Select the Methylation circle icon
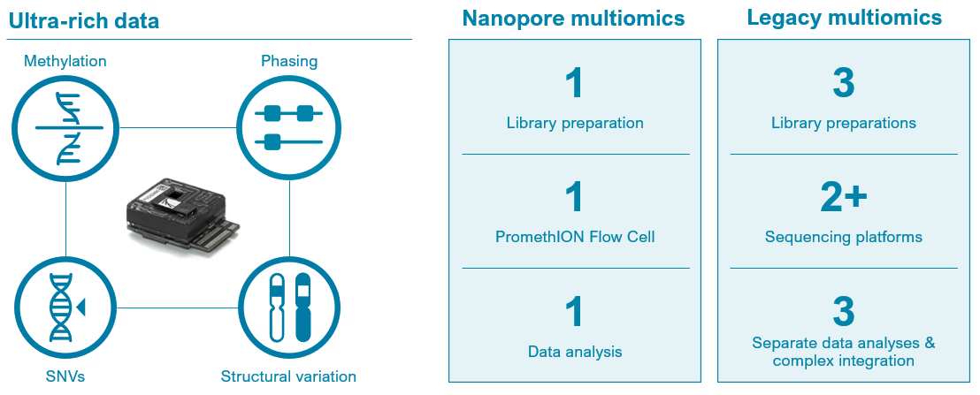pos(66,128)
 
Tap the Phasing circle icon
pos(289,128)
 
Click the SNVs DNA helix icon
pos(66,307)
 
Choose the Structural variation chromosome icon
pos(289,307)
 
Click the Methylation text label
pos(65,61)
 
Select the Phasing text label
pos(289,61)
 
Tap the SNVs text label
pos(65,377)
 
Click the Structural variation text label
pos(288,377)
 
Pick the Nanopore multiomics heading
pos(574,19)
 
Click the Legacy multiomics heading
pos(844,18)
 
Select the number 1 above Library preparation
pos(574,84)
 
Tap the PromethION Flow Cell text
pos(575,237)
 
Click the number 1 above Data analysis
pos(574,313)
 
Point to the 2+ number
pos(843,198)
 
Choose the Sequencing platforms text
pos(843,237)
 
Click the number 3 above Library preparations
pos(843,84)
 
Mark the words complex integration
pos(843,361)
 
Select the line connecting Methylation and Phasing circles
pos(177,128)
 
